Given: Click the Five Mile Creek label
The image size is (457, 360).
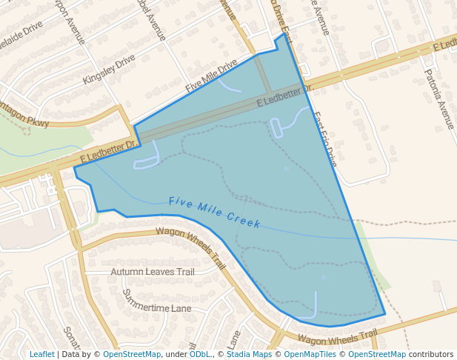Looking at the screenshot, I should point(214,212).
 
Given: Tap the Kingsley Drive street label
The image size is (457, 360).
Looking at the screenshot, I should point(109,69).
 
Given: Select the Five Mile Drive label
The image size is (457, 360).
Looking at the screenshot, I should point(211,76).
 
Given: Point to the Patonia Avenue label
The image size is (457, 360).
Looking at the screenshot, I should point(438,99).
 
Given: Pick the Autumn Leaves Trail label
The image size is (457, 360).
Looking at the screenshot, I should point(152,272).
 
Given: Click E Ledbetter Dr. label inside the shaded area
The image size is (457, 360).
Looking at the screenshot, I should point(285,96).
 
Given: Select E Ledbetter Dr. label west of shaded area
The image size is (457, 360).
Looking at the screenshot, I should point(109,153).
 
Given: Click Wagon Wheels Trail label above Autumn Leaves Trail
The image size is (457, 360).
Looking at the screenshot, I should point(190,247).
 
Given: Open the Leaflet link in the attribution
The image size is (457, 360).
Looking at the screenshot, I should point(41,354).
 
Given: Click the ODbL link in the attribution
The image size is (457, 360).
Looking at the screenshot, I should point(199,354).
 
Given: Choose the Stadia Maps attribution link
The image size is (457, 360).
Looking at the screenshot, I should point(249,354).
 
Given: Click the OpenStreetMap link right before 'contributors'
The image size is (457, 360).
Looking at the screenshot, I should point(376,354).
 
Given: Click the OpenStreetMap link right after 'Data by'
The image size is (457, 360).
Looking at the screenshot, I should point(132,354).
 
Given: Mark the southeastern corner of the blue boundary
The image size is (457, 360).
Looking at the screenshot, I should point(385,314).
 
